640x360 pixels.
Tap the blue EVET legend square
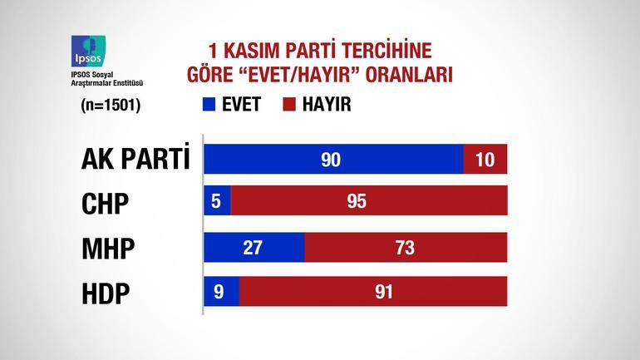pyautogui.click(x=208, y=106)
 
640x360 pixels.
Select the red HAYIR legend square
pyautogui.click(x=289, y=106)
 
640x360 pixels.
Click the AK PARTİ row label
pyautogui.click(x=135, y=159)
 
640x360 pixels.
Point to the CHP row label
pyautogui.click(x=107, y=203)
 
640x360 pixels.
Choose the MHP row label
pyautogui.click(x=108, y=248)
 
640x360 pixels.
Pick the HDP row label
pyautogui.click(x=107, y=293)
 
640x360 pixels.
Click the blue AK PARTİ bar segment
pyautogui.click(x=333, y=159)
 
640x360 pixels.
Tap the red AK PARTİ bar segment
pyautogui.click(x=485, y=159)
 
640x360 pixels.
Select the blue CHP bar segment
pyautogui.click(x=217, y=203)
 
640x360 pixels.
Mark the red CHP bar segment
pyautogui.click(x=369, y=203)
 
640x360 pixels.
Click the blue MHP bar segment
pyautogui.click(x=254, y=248)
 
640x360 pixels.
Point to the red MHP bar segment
pyautogui.click(x=406, y=248)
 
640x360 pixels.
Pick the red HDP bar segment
pyautogui.click(x=374, y=293)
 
